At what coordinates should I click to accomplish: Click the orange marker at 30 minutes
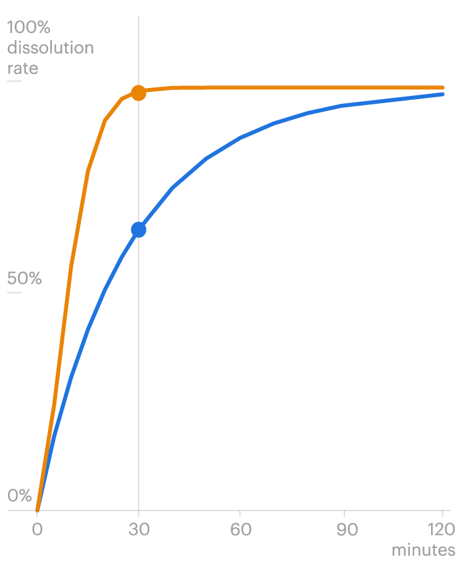138,93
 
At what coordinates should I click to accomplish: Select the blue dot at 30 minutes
138,229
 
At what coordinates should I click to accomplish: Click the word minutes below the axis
423,550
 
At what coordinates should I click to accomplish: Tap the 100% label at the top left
29,28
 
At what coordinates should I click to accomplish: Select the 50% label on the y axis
24,279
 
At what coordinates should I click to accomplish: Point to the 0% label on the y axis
20,495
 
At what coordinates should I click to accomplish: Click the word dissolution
50,48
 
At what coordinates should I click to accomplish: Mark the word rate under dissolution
22,68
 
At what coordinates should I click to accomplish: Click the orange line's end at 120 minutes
442,87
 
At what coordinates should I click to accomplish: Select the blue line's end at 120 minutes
442,94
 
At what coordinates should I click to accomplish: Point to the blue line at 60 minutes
241,137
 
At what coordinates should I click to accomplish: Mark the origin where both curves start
37,510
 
